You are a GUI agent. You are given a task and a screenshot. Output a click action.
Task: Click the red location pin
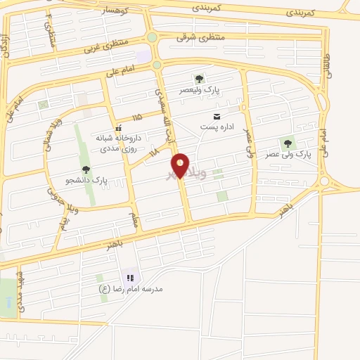pos(181,166)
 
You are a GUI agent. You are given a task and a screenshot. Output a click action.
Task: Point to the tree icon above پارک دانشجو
pos(86,169)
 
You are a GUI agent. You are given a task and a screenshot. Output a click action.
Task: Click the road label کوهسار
pos(112,10)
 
